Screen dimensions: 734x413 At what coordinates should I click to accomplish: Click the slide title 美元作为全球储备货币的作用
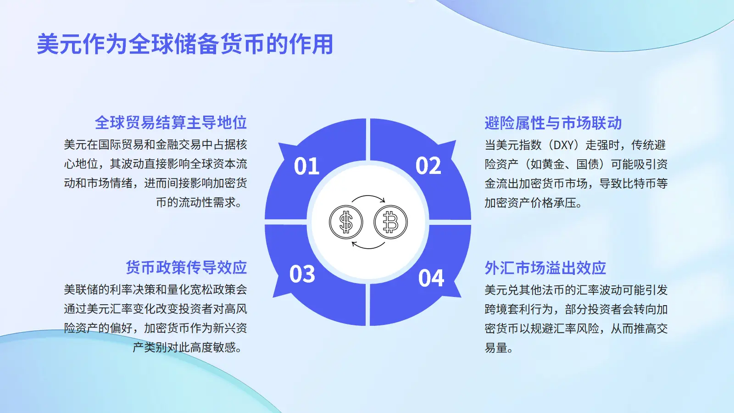[x=185, y=44]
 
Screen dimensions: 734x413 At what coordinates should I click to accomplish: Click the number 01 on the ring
[x=306, y=166]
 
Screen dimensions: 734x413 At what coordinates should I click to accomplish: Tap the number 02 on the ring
[x=428, y=165]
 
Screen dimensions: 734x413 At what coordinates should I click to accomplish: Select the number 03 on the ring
[x=302, y=274]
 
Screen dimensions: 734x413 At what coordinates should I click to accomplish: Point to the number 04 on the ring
[x=431, y=278]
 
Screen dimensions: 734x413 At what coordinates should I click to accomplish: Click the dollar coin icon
[x=346, y=222]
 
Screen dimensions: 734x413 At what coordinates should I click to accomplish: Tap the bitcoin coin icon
[x=390, y=222]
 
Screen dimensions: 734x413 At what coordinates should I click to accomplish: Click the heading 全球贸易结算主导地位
[x=171, y=123]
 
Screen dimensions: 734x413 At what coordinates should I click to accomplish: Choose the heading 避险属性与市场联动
[x=553, y=123]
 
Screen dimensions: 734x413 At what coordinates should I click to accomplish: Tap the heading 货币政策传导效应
[x=186, y=268]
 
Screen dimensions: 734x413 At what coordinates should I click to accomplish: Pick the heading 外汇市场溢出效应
[x=545, y=268]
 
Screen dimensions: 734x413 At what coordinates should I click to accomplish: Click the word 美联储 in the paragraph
[x=81, y=290]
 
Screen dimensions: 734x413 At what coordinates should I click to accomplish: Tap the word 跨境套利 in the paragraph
[x=507, y=309]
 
